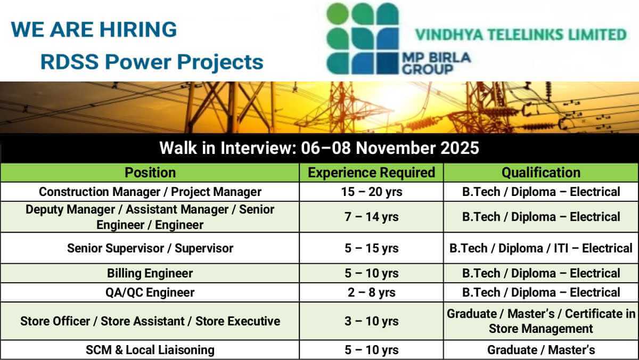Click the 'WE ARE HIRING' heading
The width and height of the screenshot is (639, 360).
coord(94,30)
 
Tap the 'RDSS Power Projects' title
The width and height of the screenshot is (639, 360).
coord(152,62)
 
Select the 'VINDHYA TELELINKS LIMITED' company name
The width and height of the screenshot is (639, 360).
coord(521,35)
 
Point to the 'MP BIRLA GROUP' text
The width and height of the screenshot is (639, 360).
coord(436,63)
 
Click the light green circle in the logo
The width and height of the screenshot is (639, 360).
coord(338,13)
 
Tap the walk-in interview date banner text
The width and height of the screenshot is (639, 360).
coord(319,148)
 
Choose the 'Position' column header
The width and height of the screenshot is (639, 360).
coord(150,173)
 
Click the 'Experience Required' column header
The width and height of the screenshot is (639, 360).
coord(372,173)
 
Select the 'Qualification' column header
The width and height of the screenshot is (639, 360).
coord(541,173)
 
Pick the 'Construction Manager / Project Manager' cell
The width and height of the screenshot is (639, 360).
coord(150,192)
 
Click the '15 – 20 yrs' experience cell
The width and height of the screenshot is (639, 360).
coord(372,192)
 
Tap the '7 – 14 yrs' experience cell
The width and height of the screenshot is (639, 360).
coord(372,217)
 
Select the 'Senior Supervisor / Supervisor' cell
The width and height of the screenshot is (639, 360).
coord(150,248)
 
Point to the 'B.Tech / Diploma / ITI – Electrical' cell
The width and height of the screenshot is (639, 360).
coord(541,248)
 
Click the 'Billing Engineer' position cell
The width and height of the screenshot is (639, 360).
coord(150,273)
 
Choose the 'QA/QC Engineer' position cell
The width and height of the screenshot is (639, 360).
coord(150,292)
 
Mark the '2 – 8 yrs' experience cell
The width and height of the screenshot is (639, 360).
coord(372,292)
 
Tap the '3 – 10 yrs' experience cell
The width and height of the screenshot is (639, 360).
coord(372,321)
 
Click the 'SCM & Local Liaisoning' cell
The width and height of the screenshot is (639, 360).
coord(150,350)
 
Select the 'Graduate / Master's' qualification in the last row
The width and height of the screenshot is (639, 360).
coord(541,350)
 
